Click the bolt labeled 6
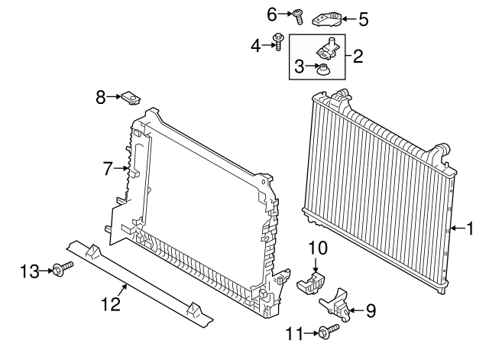click(298, 17)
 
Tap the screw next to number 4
click(278, 42)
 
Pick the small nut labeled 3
click(322, 70)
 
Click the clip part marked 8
click(131, 98)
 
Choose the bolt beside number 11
click(329, 331)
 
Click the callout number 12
click(111, 304)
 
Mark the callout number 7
click(107, 169)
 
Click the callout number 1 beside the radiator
click(470, 229)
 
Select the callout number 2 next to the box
click(358, 57)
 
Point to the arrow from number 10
click(316, 264)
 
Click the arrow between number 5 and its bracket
click(348, 19)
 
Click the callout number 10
click(318, 248)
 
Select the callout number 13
click(30, 271)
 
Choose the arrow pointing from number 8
click(114, 97)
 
